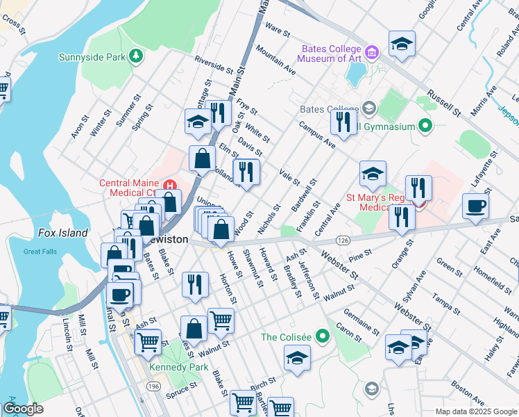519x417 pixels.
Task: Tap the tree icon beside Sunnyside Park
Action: coord(137,56)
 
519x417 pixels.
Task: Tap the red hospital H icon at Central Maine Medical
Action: coord(168,183)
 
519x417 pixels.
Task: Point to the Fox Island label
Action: coord(62,233)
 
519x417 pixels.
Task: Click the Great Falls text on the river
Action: coord(40,252)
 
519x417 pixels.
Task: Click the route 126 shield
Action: coord(343,240)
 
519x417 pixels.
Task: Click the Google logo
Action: coord(24,409)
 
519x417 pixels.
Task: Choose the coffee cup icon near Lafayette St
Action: coord(476,205)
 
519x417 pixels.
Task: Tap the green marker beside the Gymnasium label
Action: coord(426,126)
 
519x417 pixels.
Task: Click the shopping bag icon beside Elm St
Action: coord(202,158)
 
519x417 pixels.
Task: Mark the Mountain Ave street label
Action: coord(275,60)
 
